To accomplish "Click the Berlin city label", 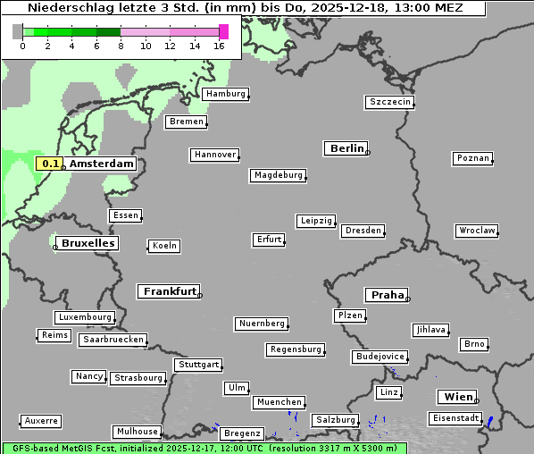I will pyautogui.click(x=346, y=148).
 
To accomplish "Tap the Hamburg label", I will pyautogui.click(x=224, y=94).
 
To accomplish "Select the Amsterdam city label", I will pyautogui.click(x=101, y=164).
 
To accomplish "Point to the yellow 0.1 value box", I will pyautogui.click(x=50, y=164).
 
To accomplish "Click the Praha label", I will pyautogui.click(x=387, y=295).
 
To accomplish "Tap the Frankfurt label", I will pyautogui.click(x=169, y=291).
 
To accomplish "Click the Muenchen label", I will pyautogui.click(x=279, y=403).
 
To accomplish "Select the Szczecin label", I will pyautogui.click(x=389, y=102).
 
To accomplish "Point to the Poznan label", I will pyautogui.click(x=472, y=158).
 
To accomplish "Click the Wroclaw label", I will pyautogui.click(x=476, y=231).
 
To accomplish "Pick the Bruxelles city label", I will pyautogui.click(x=88, y=243).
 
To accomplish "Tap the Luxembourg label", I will pyautogui.click(x=85, y=317).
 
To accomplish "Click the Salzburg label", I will pyautogui.click(x=335, y=420).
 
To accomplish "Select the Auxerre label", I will pyautogui.click(x=41, y=420).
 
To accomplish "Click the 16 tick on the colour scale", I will pyautogui.click(x=220, y=46).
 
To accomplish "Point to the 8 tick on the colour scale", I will pyautogui.click(x=121, y=46).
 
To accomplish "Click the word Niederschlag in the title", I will pyautogui.click(x=67, y=7).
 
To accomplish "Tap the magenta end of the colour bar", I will pyautogui.click(x=223, y=31).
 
